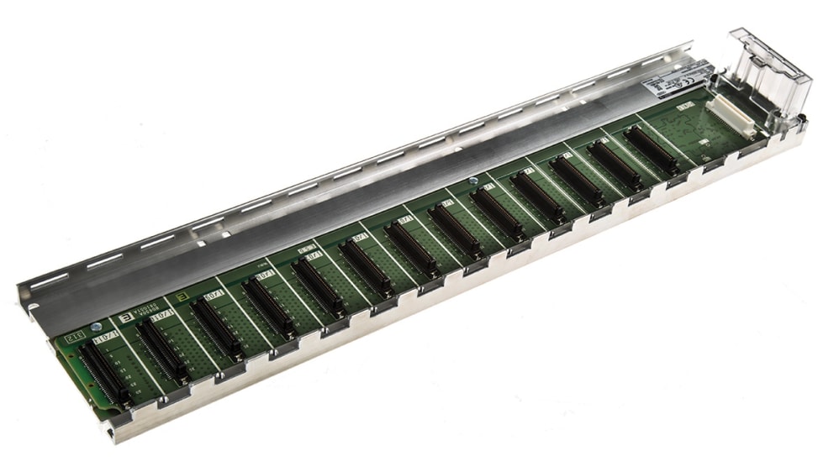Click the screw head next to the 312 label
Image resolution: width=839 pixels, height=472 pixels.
(95, 326)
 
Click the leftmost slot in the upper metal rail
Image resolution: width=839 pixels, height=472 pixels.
(50, 280)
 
